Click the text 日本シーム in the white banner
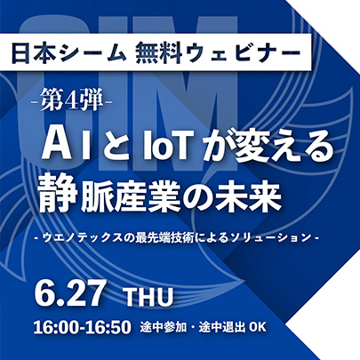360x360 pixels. (x=69, y=53)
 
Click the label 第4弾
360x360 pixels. (x=72, y=101)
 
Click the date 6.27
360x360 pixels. (x=70, y=292)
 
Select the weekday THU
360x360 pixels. (x=149, y=297)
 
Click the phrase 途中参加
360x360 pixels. (x=164, y=327)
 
